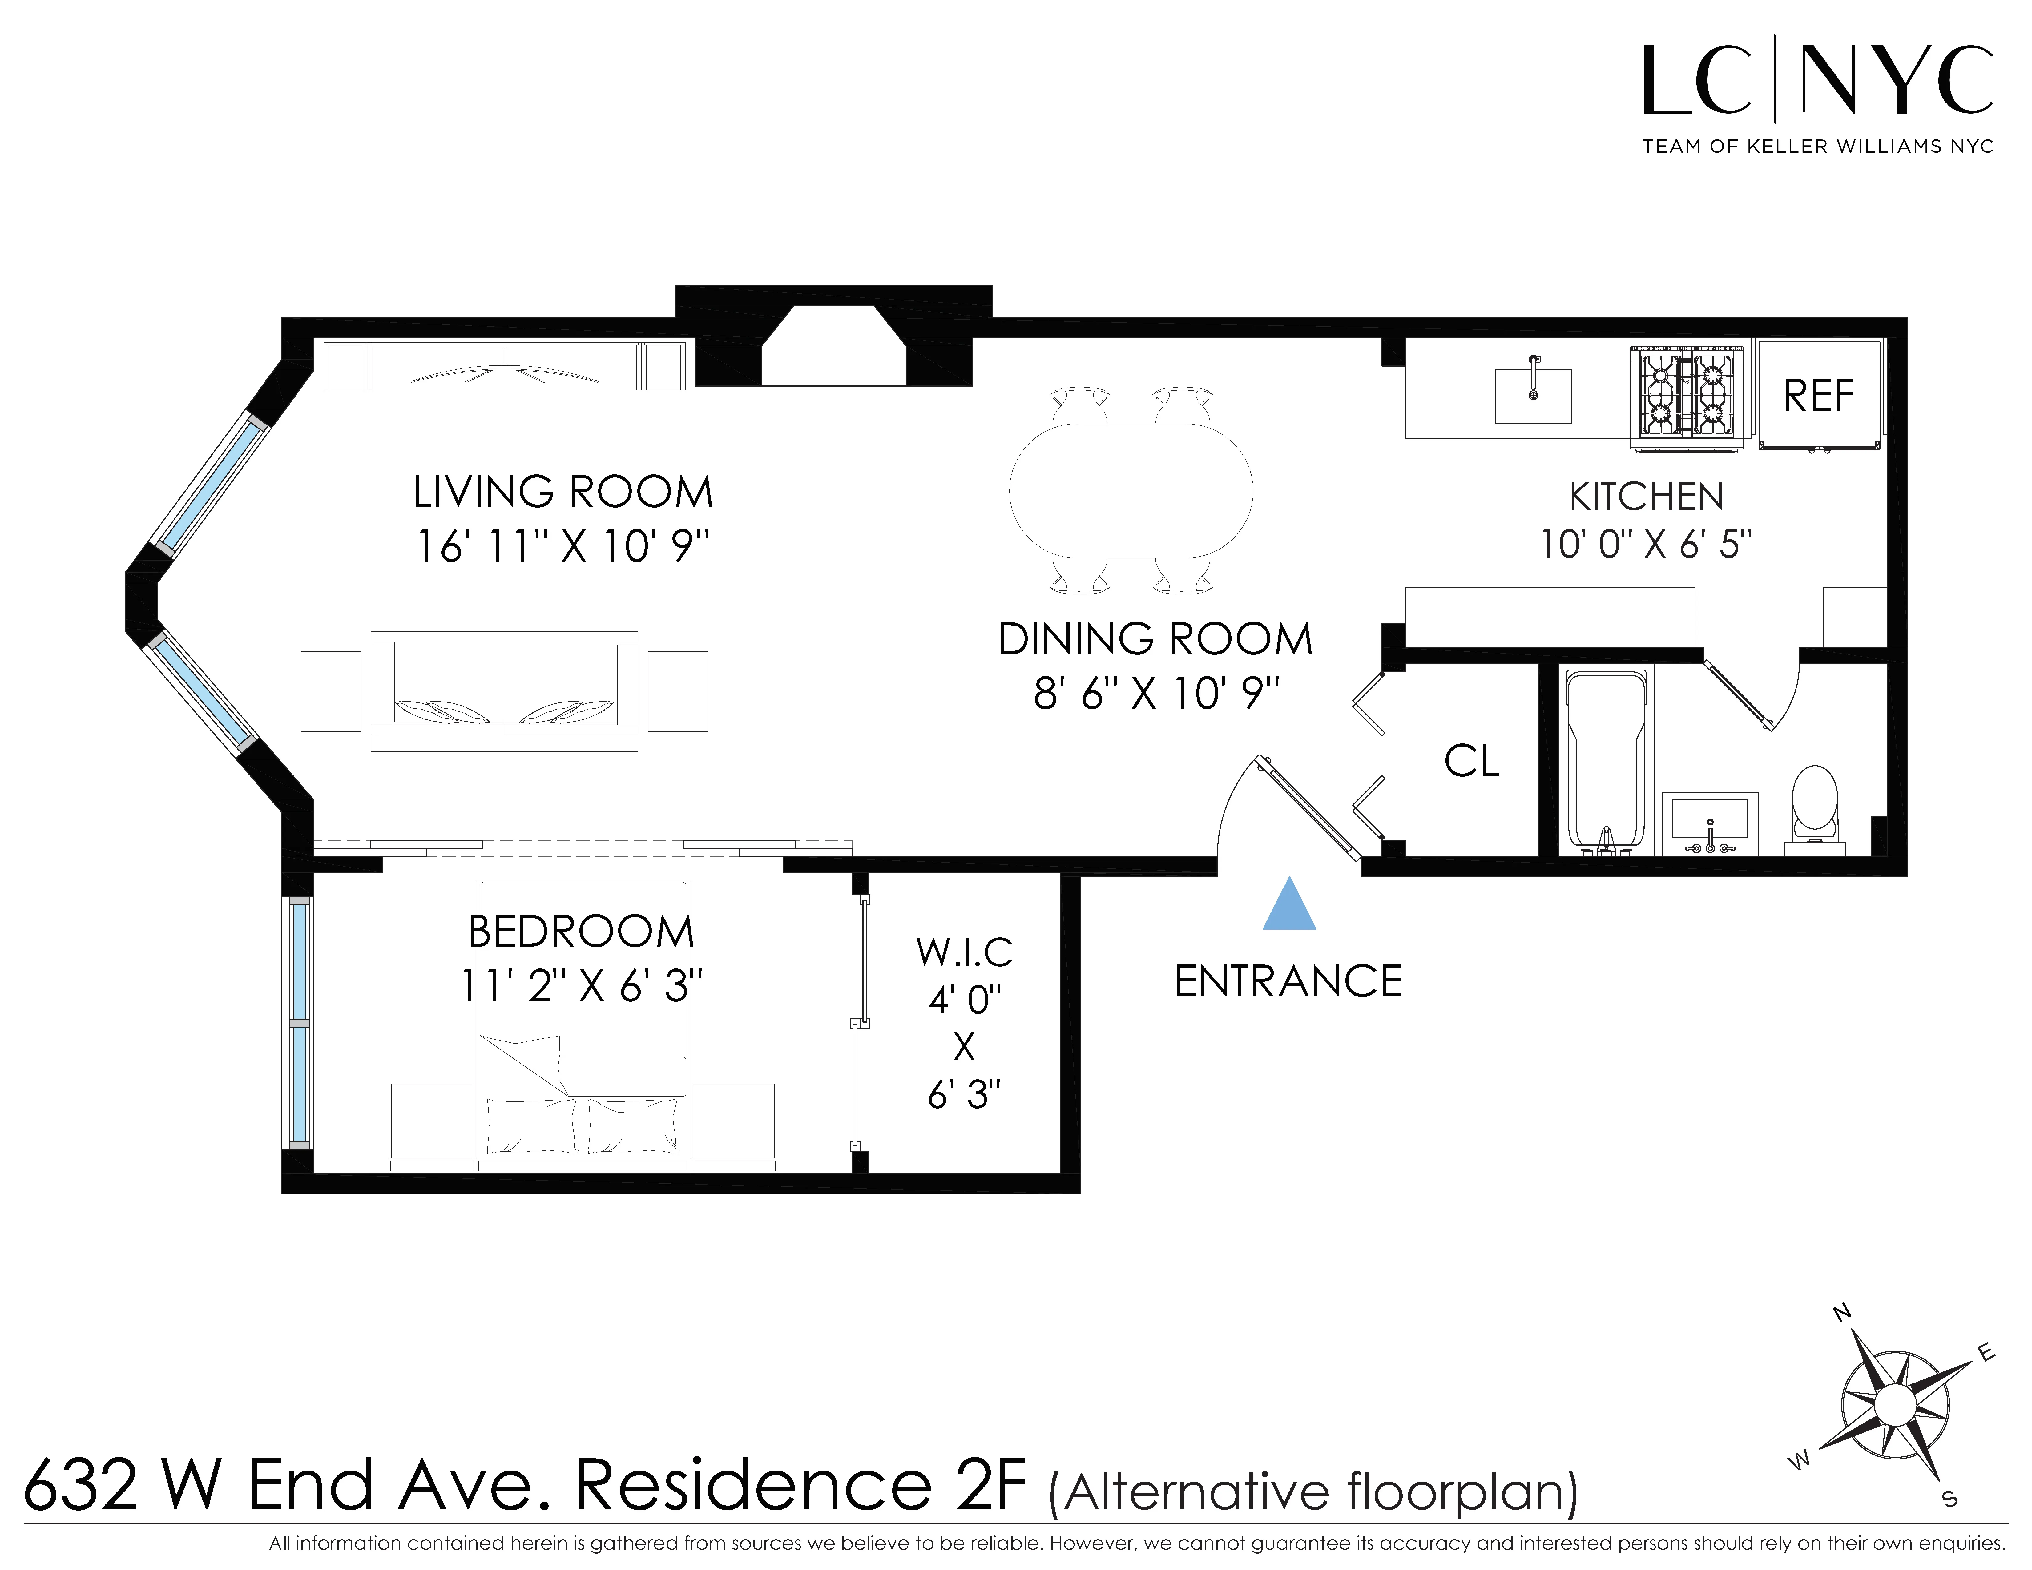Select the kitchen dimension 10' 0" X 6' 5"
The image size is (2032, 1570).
pyautogui.click(x=1645, y=544)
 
